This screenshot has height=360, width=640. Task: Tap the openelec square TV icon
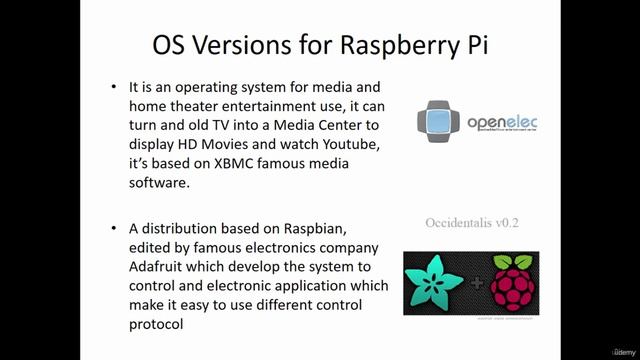439,121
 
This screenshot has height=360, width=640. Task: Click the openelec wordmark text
502,123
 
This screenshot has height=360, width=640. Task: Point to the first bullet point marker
116,88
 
